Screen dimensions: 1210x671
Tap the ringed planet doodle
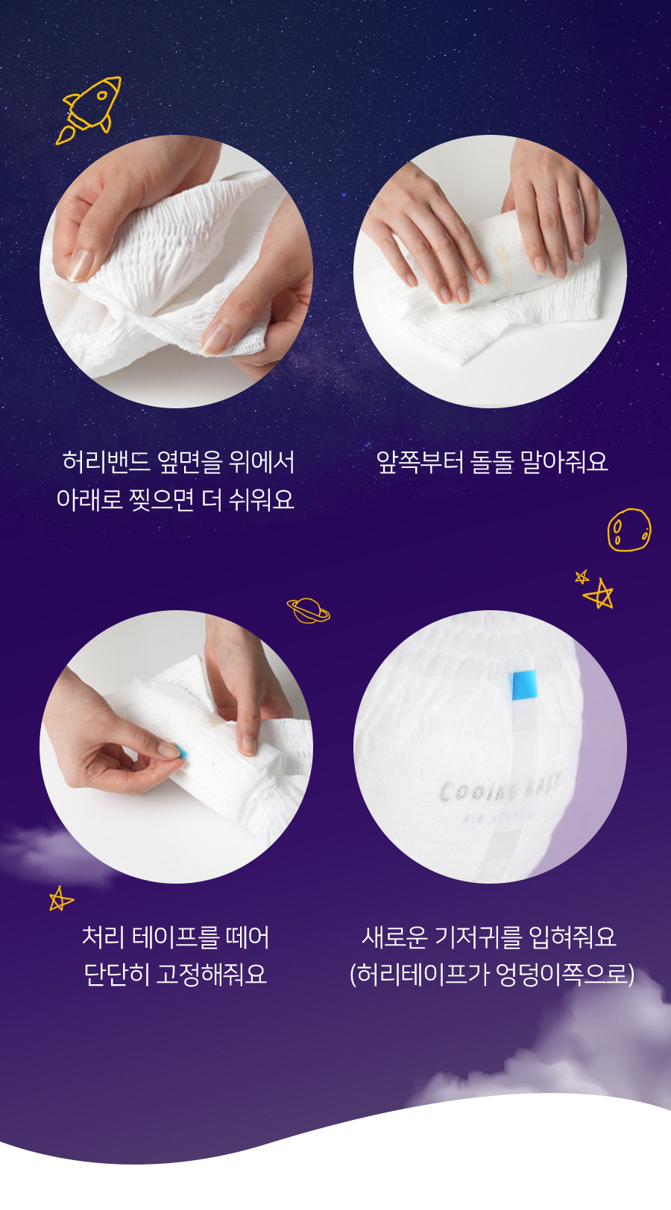point(308,609)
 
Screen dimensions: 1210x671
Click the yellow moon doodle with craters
point(629,530)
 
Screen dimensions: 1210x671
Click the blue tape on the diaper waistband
point(523,685)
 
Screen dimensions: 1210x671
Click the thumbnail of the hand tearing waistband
point(176,271)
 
